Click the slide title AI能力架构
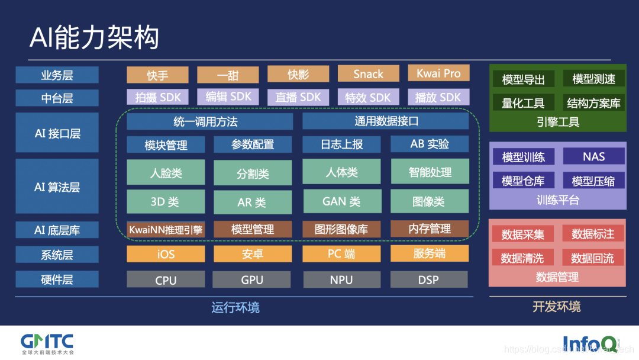(95, 37)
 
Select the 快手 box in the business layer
(157, 75)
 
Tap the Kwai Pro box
(438, 73)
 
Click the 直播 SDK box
(298, 97)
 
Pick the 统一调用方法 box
(209, 121)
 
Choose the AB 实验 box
(430, 144)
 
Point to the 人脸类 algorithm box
(166, 173)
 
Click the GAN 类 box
(341, 201)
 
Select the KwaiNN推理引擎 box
(166, 229)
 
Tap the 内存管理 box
(430, 229)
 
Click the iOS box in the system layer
(166, 254)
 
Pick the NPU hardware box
(341, 280)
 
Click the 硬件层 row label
(57, 279)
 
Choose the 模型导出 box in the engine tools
(523, 79)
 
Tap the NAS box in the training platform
(593, 156)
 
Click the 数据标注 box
(593, 234)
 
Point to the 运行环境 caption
(235, 307)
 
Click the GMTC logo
(47, 343)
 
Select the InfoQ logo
(589, 343)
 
